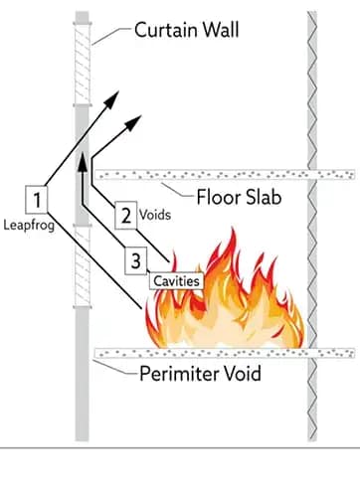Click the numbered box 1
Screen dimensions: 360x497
(36, 200)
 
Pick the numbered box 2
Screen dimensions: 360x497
(126, 214)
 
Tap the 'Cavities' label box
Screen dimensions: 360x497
(177, 282)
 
